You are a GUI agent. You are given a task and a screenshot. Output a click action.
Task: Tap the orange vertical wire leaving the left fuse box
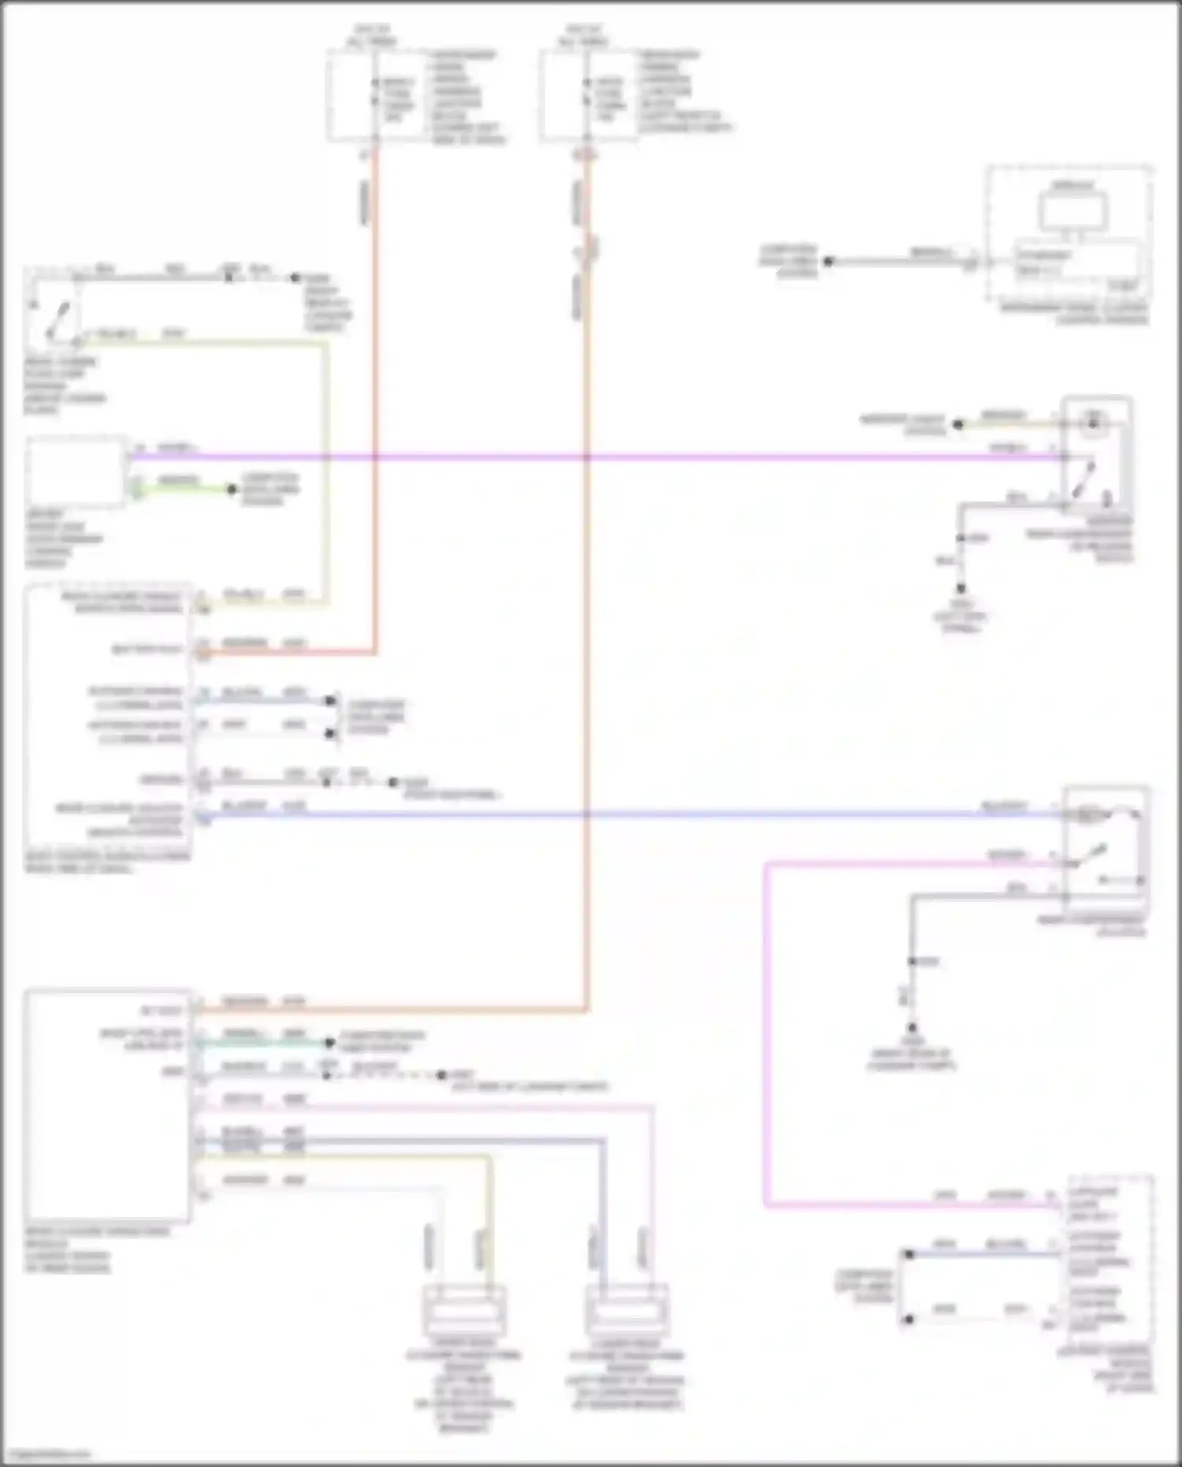click(x=375, y=394)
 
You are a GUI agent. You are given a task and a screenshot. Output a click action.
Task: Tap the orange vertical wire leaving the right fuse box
click(x=586, y=631)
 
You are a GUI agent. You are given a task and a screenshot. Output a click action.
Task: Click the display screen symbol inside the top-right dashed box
click(x=1072, y=210)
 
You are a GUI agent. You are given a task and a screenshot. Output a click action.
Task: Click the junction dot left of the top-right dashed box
click(x=828, y=262)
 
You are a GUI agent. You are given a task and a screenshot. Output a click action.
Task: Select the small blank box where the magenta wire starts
click(x=76, y=471)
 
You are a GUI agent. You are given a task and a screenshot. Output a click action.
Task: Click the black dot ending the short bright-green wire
click(x=232, y=490)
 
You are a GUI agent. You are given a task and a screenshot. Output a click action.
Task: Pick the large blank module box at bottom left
click(x=108, y=1104)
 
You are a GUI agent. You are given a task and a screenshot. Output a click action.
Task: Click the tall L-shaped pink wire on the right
click(x=765, y=1025)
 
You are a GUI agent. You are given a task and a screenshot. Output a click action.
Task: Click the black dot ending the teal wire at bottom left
click(x=330, y=1043)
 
